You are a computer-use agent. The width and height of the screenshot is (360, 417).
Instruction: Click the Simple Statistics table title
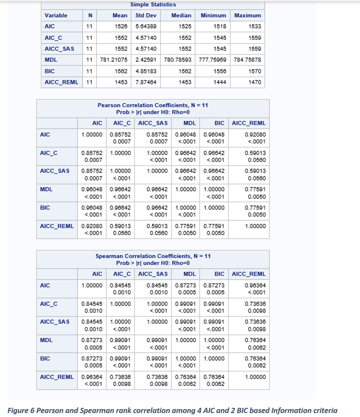153,4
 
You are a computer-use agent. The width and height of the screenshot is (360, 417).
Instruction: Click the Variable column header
56,16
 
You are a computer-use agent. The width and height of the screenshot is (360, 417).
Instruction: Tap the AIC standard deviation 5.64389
146,27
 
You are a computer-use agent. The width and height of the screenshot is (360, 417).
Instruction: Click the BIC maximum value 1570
254,71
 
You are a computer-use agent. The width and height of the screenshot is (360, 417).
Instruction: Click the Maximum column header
248,16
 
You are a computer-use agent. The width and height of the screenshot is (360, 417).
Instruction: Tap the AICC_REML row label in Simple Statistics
62,82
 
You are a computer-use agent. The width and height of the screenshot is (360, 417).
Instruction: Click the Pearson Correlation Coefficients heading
153,105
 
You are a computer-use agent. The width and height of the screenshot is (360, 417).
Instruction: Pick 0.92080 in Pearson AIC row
256,135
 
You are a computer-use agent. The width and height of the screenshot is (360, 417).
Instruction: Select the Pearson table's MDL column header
189,123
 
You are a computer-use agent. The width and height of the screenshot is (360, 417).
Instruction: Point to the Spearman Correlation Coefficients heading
153,256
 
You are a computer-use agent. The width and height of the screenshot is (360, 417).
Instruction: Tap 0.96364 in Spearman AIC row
256,286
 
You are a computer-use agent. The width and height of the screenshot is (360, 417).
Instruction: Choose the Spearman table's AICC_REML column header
248,274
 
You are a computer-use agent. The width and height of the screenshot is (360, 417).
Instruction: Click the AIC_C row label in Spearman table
49,304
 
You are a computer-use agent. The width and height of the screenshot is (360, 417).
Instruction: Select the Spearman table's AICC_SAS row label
55,322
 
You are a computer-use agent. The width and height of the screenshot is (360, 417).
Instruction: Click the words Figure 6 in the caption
21,410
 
